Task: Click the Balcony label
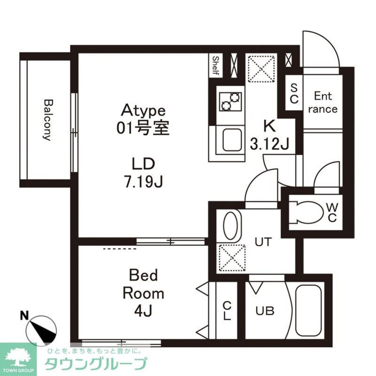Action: tap(48, 120)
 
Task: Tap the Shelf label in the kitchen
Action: tap(216, 65)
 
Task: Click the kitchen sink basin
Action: tap(232, 140)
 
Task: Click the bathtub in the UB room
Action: tap(308, 311)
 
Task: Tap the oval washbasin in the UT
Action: tap(231, 226)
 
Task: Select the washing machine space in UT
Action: tap(232, 258)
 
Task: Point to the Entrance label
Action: tap(323, 102)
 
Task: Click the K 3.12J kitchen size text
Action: tap(270, 135)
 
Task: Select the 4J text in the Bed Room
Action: tap(143, 311)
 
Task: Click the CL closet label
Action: tap(227, 311)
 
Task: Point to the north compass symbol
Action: tap(41, 331)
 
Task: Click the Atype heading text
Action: tap(143, 110)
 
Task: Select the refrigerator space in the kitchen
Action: tap(261, 69)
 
